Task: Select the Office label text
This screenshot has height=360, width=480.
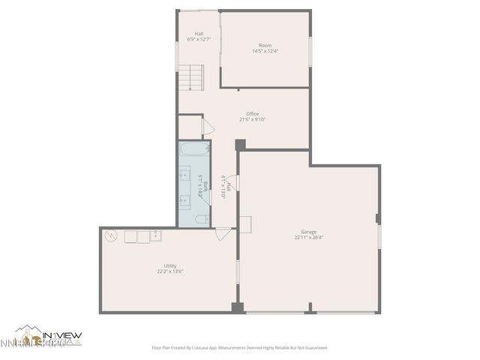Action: (x=253, y=114)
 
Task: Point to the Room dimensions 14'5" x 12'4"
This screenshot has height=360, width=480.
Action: (x=265, y=51)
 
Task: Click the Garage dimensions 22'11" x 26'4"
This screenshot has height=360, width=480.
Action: (x=309, y=238)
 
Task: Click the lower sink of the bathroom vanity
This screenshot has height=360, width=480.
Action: (x=184, y=201)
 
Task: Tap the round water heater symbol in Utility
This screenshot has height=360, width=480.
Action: (x=112, y=235)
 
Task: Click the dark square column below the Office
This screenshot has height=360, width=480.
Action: (x=239, y=144)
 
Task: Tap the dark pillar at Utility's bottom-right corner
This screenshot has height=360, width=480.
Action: (x=238, y=307)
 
